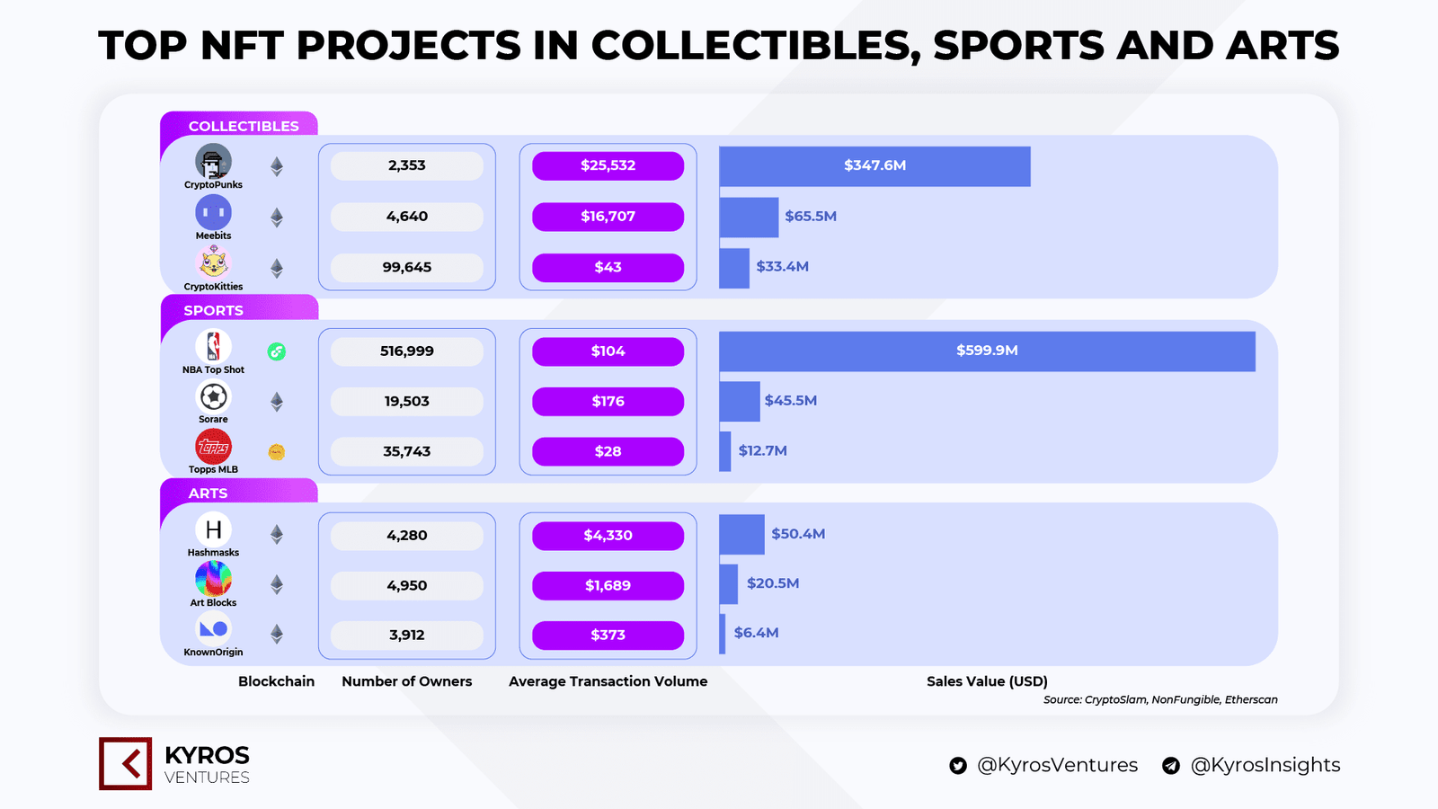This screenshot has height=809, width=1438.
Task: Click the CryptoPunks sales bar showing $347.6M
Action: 874,166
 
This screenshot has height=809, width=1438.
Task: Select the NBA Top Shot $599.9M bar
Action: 987,351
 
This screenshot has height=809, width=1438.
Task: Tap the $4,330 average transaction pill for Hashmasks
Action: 608,536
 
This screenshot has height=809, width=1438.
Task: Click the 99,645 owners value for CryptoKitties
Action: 407,267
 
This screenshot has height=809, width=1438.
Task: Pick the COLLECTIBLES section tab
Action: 243,126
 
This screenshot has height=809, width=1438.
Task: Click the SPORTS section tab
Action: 214,310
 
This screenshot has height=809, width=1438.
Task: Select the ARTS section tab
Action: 208,493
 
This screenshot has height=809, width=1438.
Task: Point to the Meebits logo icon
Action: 213,213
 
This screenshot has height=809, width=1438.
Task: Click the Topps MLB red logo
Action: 213,447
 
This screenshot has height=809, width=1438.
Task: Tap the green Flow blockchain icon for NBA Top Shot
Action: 277,351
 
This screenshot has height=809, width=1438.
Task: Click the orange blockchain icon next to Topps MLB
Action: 277,452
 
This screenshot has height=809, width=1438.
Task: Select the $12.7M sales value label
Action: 762,451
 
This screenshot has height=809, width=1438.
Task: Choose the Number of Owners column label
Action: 406,681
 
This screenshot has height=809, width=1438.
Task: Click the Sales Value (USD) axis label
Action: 987,681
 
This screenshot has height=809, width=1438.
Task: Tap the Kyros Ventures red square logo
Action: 125,764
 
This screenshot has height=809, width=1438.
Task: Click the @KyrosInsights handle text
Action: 1265,765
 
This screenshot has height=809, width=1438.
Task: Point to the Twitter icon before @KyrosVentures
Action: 958,766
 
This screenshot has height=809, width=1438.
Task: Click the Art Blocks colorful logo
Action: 213,579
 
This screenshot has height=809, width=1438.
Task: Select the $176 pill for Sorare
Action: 608,402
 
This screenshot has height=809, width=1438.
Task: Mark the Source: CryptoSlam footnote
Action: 1159,699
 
